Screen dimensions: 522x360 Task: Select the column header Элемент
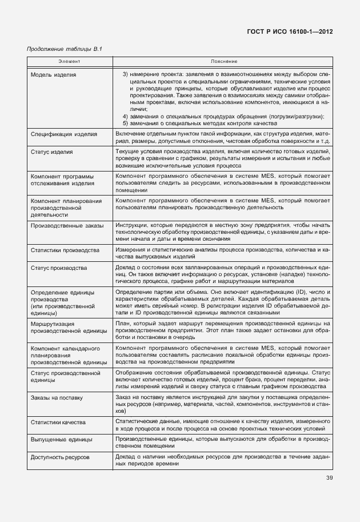pyautogui.click(x=70, y=61)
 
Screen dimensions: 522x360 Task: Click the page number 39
pyautogui.click(x=329, y=478)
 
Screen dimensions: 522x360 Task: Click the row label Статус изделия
pyautogui.click(x=51, y=152)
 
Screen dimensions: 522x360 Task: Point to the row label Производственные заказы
pyautogui.click(x=67, y=226)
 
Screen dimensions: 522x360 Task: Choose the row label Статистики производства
pyautogui.click(x=65, y=250)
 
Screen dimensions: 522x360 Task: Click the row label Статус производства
pyautogui.click(x=58, y=268)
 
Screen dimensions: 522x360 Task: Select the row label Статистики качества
pyautogui.click(x=58, y=423)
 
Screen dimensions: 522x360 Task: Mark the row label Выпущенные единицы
pyautogui.click(x=61, y=440)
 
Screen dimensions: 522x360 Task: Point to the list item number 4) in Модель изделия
pyautogui.click(x=126, y=117)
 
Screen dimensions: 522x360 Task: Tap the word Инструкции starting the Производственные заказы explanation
pyautogui.click(x=134, y=226)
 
